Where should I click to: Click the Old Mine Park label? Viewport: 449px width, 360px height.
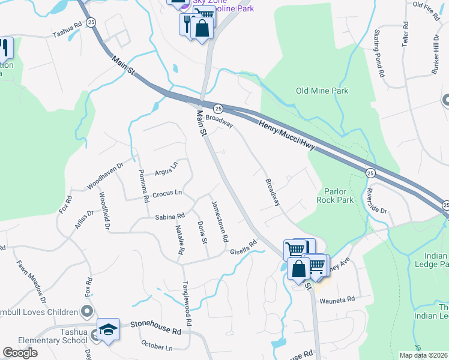click(x=322, y=91)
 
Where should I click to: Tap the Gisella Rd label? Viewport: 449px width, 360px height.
click(x=244, y=247)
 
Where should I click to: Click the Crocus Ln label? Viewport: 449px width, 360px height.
click(x=167, y=193)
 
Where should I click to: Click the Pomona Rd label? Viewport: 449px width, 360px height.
click(x=143, y=185)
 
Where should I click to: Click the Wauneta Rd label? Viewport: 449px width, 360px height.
click(x=337, y=298)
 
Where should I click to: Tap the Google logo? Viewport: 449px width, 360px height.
click(x=20, y=352)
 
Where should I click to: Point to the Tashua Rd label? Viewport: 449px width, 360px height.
click(x=67, y=31)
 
